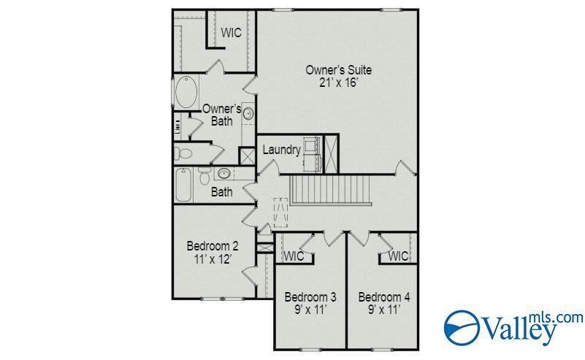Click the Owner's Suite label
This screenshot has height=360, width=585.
coord(338,70)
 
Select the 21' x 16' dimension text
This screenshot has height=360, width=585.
coord(338,83)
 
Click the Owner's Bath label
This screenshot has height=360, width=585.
coord(221,115)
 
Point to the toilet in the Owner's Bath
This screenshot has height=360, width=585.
coord(183,153)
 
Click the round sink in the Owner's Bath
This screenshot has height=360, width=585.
coord(248,113)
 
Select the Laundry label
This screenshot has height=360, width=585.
coord(281,150)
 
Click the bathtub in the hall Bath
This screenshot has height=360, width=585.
coord(183,185)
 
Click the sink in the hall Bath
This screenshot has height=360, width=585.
coord(224,174)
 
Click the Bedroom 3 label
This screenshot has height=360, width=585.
coord(310,297)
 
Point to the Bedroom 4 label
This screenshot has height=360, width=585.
coord(383,297)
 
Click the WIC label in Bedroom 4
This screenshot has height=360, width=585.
coord(398,256)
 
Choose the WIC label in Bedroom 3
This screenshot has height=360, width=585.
coord(294,256)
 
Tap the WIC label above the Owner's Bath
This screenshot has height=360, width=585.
coord(232,34)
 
